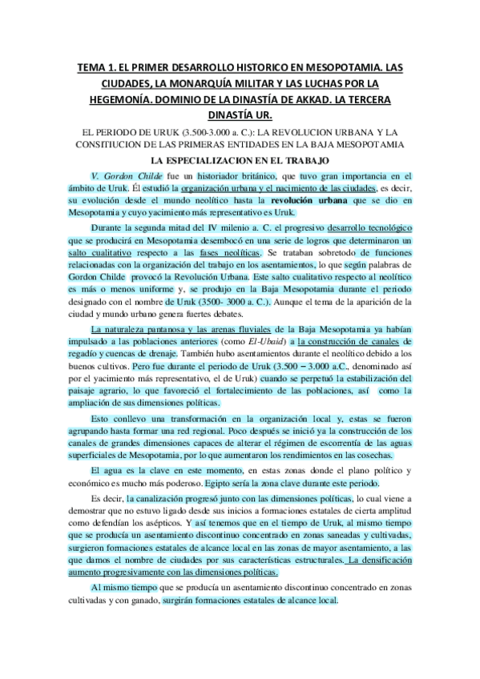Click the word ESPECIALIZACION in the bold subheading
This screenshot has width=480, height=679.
pyautogui.click(x=229, y=159)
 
